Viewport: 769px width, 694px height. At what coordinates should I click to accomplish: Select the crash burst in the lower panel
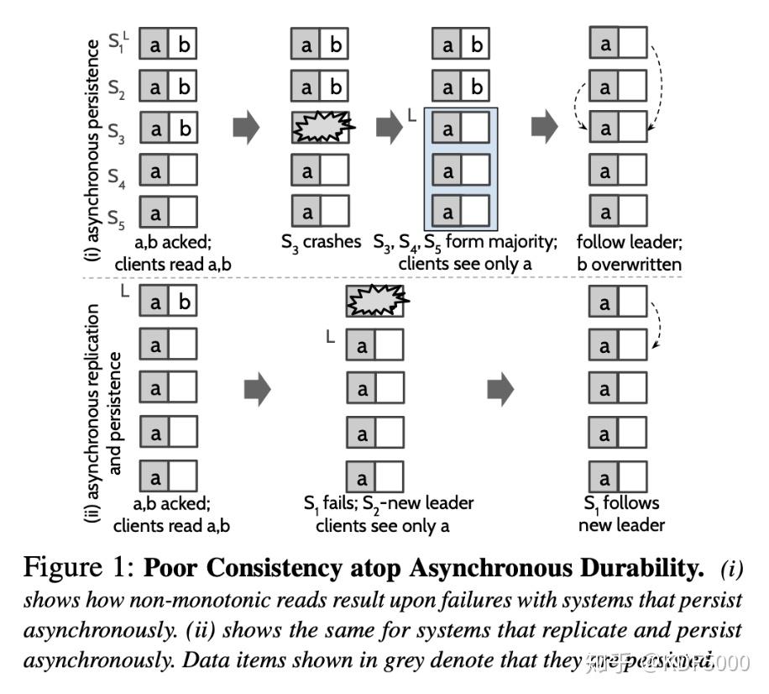pyautogui.click(x=376, y=301)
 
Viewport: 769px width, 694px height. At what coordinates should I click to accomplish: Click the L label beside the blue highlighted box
pyautogui.click(x=412, y=122)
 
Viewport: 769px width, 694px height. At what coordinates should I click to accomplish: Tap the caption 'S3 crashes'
pyautogui.click(x=321, y=242)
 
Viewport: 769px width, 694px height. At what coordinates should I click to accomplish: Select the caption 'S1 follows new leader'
pyautogui.click(x=623, y=513)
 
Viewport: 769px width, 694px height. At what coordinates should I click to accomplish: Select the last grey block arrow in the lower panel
pyautogui.click(x=501, y=388)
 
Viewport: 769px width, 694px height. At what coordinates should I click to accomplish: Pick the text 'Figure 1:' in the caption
pyautogui.click(x=80, y=569)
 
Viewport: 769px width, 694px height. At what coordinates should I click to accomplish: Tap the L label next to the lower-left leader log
pyautogui.click(x=124, y=292)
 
